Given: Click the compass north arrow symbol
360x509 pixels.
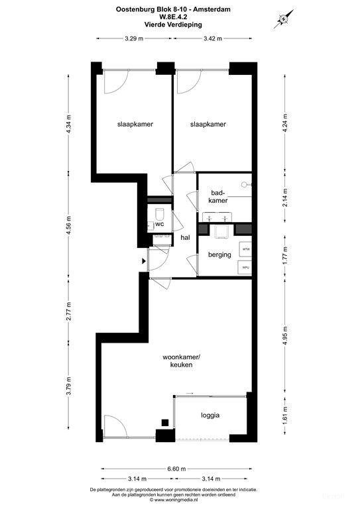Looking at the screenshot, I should (282, 19).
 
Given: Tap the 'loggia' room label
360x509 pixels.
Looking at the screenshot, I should (210, 416).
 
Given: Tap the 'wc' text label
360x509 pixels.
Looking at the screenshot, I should (159, 224).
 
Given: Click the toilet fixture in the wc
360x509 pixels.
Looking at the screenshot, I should (160, 213).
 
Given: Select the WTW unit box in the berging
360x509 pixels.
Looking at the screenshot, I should (245, 249).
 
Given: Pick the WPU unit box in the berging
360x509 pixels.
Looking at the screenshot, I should (245, 267).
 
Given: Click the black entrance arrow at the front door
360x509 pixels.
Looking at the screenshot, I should (143, 260).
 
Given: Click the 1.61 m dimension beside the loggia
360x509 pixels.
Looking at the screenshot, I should (285, 418).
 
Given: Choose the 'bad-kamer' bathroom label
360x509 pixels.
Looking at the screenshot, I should (219, 196).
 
